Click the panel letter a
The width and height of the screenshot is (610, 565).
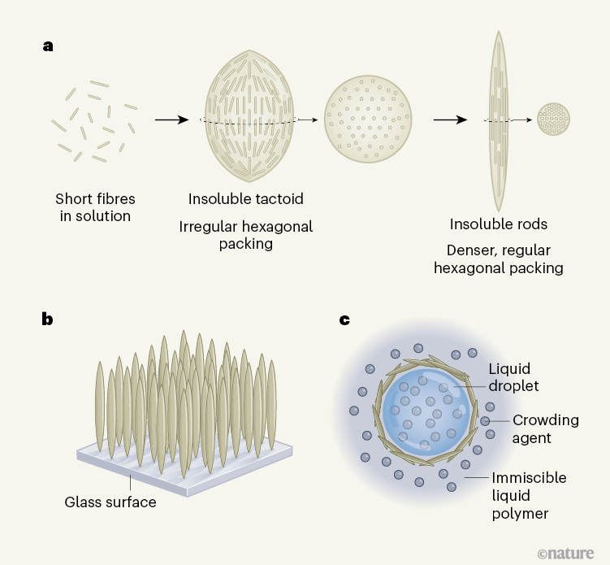(x=48, y=46)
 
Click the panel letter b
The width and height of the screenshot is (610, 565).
(x=48, y=319)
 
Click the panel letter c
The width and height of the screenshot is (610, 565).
(x=344, y=319)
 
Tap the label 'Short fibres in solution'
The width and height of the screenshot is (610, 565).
(x=95, y=206)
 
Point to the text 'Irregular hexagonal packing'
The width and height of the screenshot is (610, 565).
(x=245, y=233)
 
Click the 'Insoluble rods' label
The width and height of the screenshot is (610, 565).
(x=498, y=224)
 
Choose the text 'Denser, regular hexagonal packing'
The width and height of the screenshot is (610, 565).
(x=498, y=259)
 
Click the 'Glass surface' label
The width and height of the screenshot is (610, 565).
(x=110, y=502)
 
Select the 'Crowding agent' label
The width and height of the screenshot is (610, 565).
(x=545, y=428)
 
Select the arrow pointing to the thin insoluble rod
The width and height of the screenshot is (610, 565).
(x=449, y=120)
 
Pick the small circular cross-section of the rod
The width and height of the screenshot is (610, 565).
(x=554, y=119)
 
